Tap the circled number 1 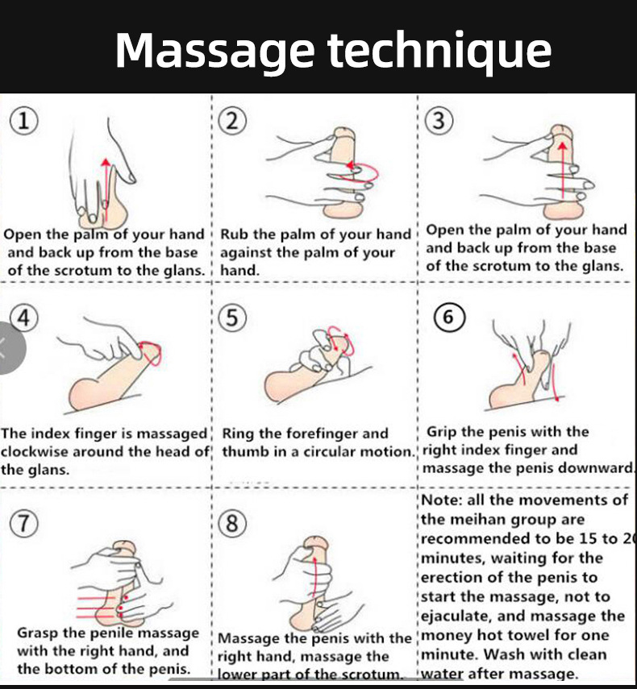tap(24, 121)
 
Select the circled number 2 tap(232, 121)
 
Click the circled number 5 tap(232, 318)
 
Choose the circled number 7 tap(24, 522)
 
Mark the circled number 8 tap(232, 524)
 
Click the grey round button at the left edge tap(6, 347)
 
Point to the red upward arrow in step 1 tap(104, 181)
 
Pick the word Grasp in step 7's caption tap(40, 633)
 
